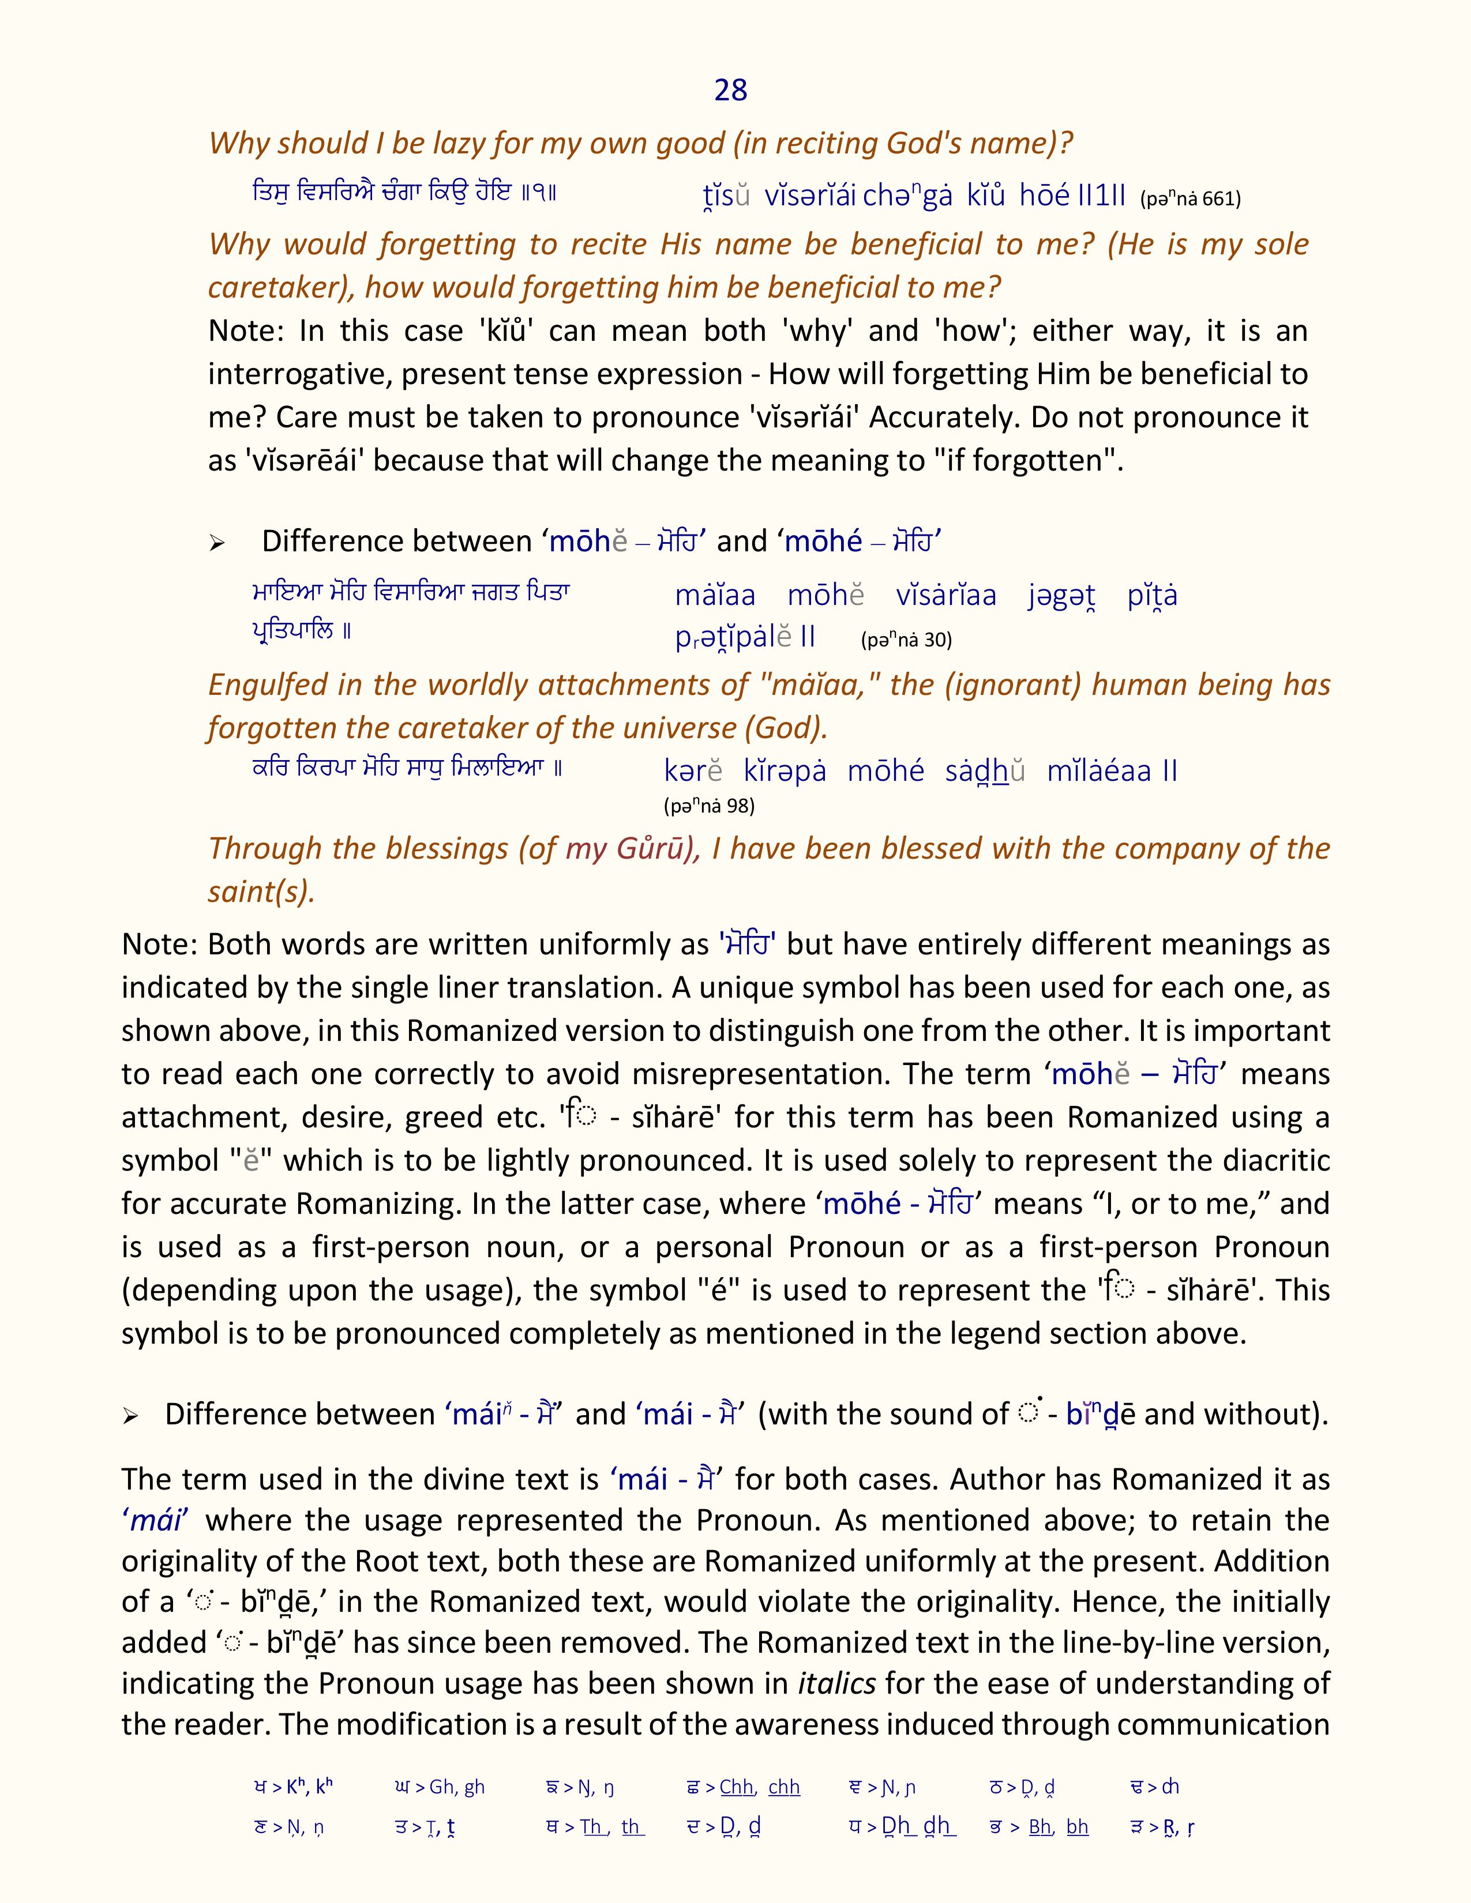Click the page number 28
(730, 90)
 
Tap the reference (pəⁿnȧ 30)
(906, 641)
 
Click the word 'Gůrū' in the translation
(658, 848)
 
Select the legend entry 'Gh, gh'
(437, 1787)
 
